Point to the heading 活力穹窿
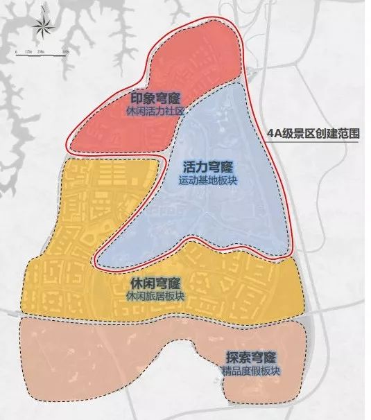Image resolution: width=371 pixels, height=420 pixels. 208,168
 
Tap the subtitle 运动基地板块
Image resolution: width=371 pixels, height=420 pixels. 208,180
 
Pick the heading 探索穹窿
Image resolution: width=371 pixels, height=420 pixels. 251,358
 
